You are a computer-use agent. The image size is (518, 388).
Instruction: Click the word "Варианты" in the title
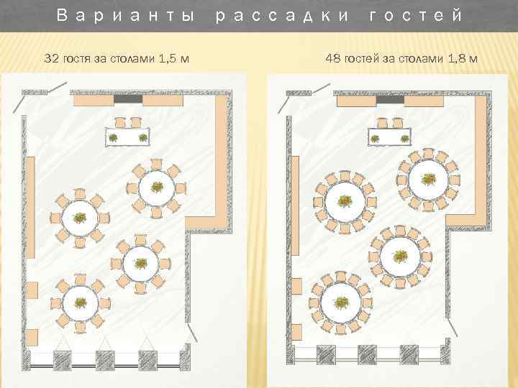(125, 15)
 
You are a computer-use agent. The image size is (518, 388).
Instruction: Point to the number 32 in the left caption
(52, 57)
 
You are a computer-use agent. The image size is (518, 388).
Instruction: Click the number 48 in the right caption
(332, 57)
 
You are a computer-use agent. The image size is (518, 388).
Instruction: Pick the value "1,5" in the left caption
(163, 57)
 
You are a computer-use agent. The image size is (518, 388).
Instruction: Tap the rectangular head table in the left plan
(128, 137)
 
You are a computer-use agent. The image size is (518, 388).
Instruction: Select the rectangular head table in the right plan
(390, 137)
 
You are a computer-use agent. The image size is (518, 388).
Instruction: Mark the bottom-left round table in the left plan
(81, 302)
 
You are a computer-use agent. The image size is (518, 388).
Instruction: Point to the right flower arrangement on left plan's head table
(142, 137)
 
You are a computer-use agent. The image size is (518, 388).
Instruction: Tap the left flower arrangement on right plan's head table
(375, 138)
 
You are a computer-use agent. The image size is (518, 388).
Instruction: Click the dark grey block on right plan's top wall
(390, 100)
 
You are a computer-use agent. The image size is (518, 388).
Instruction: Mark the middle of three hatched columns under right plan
(368, 354)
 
